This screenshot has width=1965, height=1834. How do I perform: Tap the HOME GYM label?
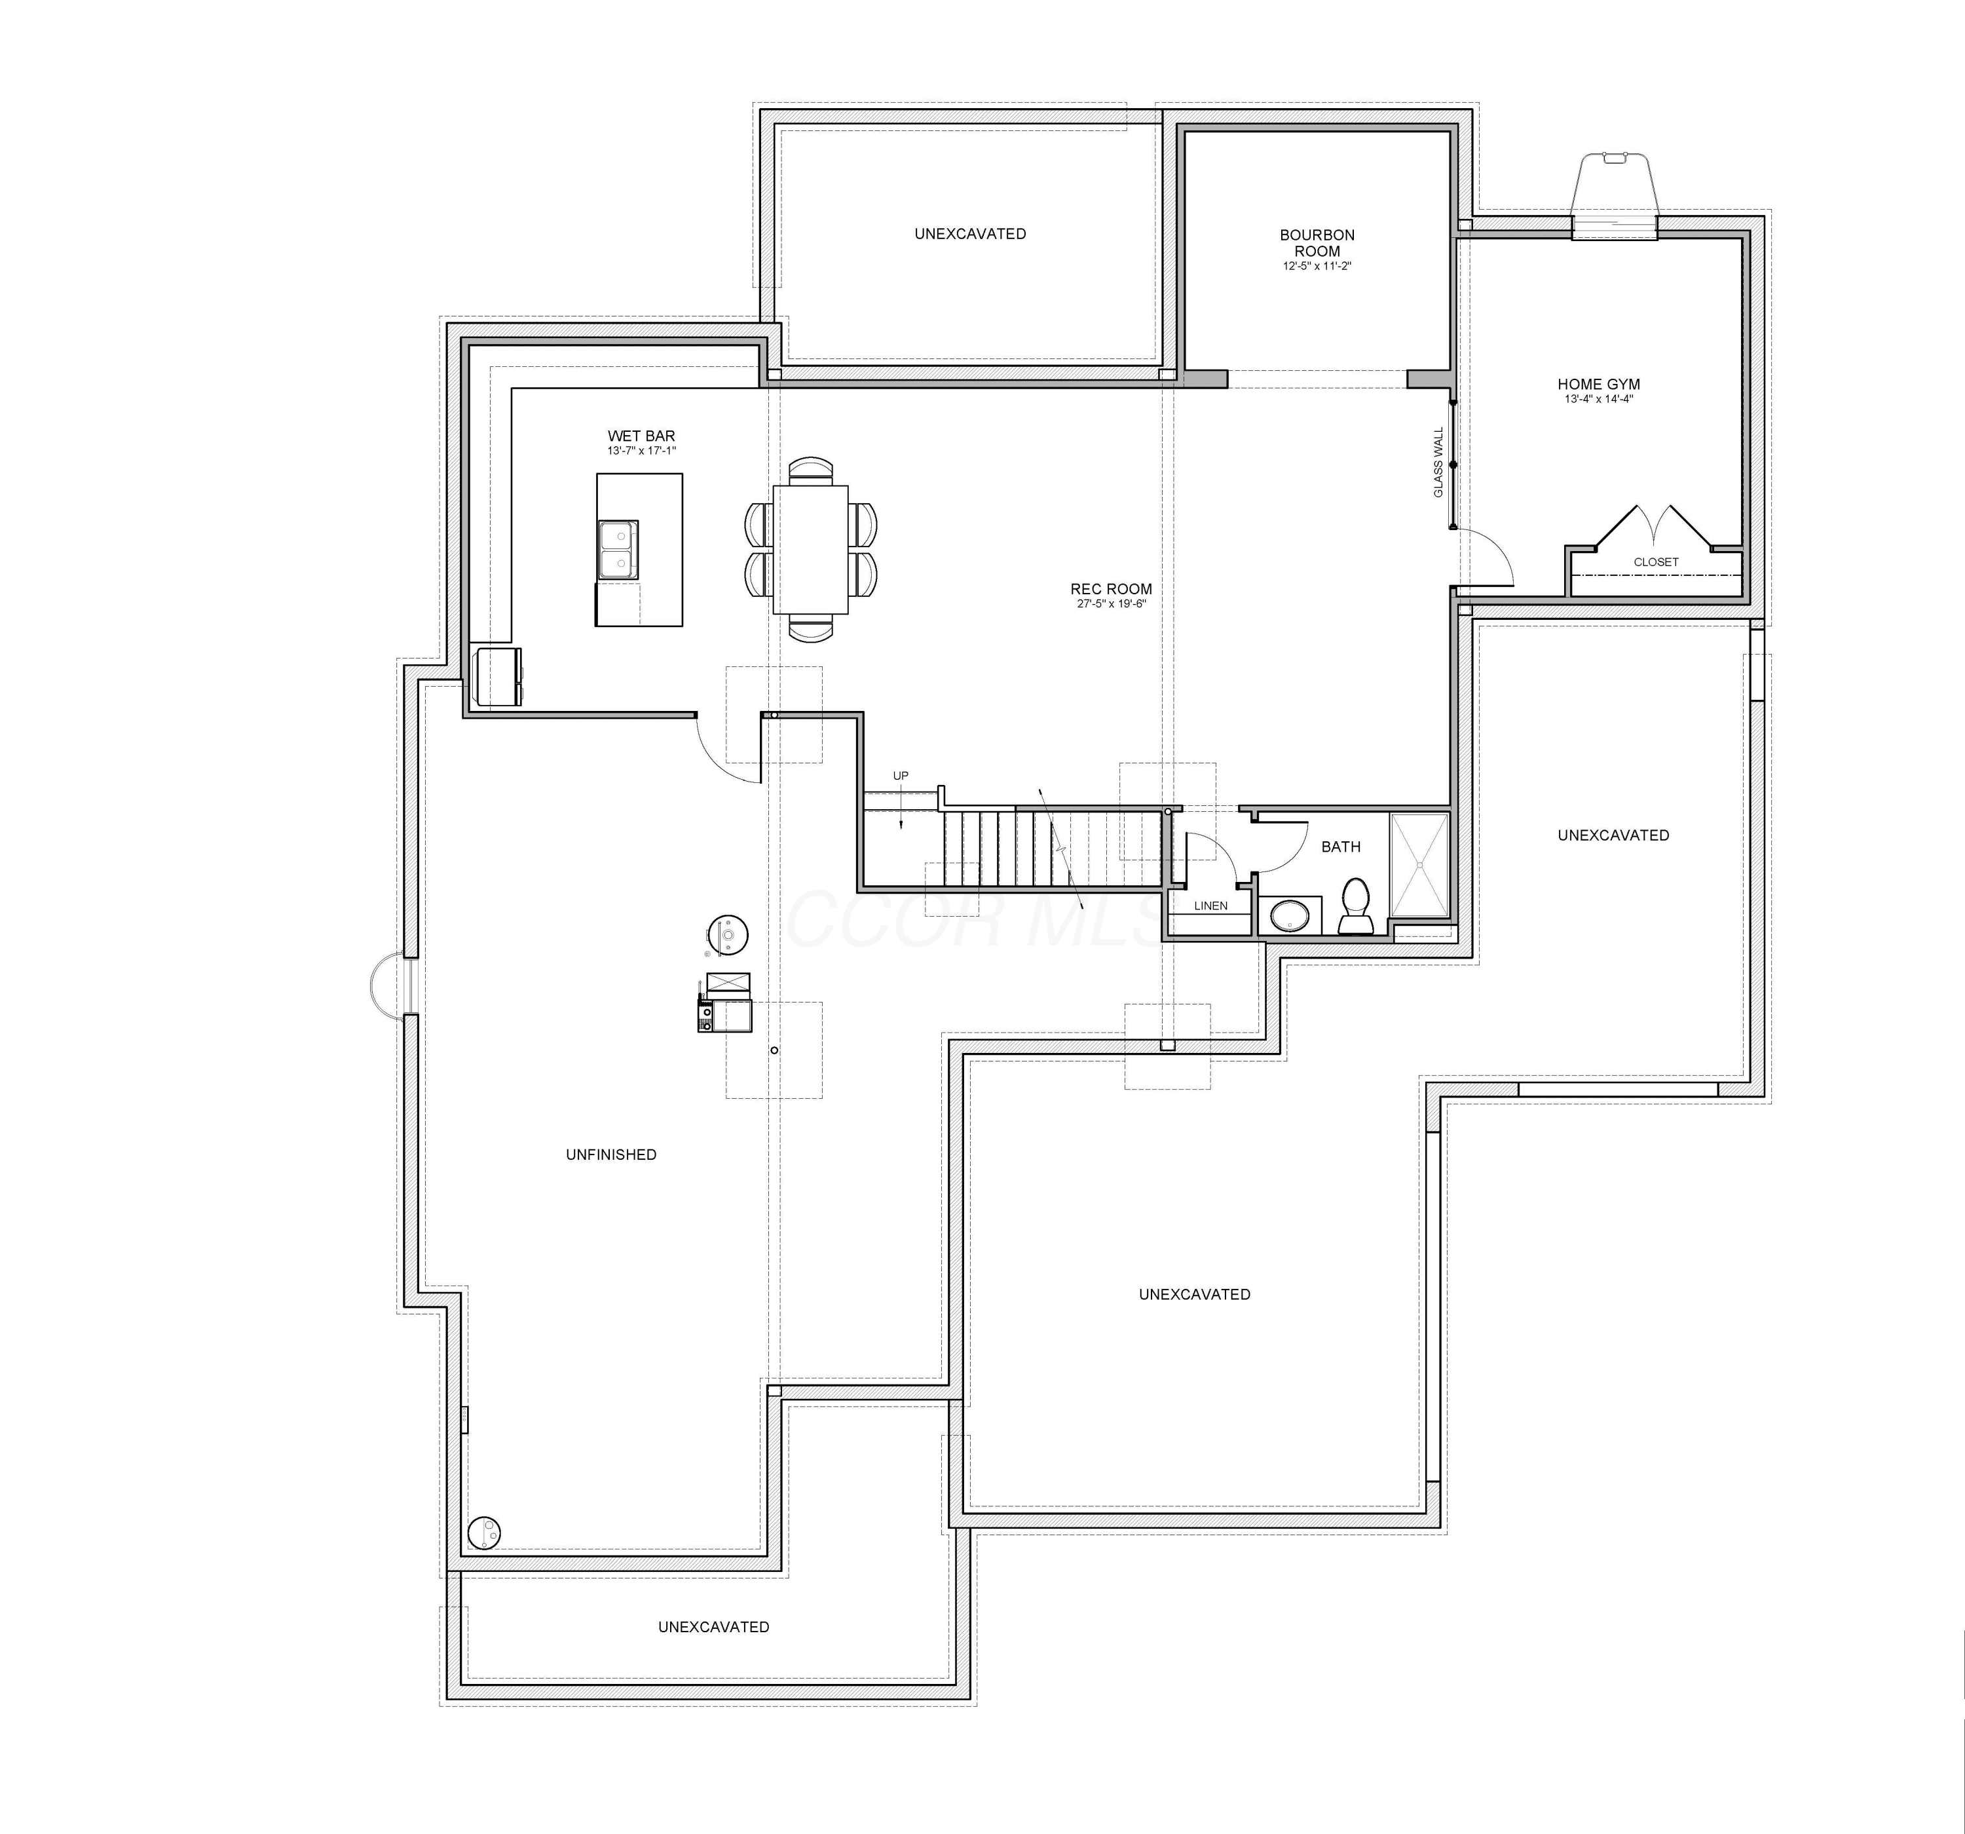tap(1598, 385)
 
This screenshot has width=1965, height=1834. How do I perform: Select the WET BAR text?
tap(641, 436)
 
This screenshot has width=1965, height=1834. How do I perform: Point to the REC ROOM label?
tap(1111, 589)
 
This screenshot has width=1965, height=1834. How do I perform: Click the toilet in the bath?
tap(1355, 907)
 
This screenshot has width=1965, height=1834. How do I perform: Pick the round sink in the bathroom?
tap(1290, 915)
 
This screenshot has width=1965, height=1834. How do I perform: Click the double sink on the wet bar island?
tap(618, 550)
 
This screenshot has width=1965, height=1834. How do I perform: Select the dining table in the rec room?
tap(810, 550)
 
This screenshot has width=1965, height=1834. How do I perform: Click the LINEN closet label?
tap(1211, 906)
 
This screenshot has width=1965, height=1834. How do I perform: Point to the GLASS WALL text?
tap(1439, 462)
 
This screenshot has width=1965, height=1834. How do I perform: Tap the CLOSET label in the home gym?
tap(1656, 562)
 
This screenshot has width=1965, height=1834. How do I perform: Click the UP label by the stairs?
tap(901, 776)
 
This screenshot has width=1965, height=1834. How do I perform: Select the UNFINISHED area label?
tap(611, 1155)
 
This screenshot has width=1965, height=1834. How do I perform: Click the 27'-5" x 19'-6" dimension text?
tap(1111, 604)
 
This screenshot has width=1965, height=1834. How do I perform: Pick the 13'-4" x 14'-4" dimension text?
tap(1598, 400)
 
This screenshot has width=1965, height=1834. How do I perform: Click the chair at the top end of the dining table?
tap(810, 470)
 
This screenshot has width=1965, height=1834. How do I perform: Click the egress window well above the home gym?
tap(1614, 195)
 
